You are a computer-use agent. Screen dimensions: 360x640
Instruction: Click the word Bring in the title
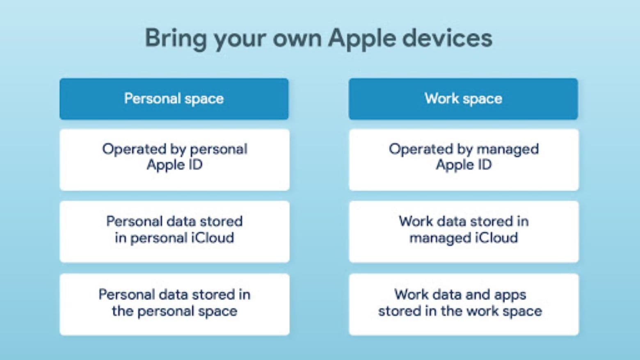176,39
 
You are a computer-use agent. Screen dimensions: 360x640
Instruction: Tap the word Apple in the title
361,39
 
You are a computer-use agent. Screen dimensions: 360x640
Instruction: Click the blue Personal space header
174,99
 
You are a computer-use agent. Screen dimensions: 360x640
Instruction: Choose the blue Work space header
463,99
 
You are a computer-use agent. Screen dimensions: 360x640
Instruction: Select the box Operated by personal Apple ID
174,159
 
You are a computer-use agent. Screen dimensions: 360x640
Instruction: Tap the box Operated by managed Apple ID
464,159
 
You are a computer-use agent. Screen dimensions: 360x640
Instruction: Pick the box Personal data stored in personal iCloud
174,231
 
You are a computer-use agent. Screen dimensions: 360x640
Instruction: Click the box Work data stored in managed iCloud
464,231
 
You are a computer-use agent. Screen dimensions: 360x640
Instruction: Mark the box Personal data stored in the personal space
174,304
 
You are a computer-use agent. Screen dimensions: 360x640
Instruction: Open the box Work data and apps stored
464,304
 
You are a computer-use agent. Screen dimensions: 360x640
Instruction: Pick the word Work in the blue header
441,98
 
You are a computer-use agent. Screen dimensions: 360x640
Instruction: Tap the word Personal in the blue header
152,98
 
